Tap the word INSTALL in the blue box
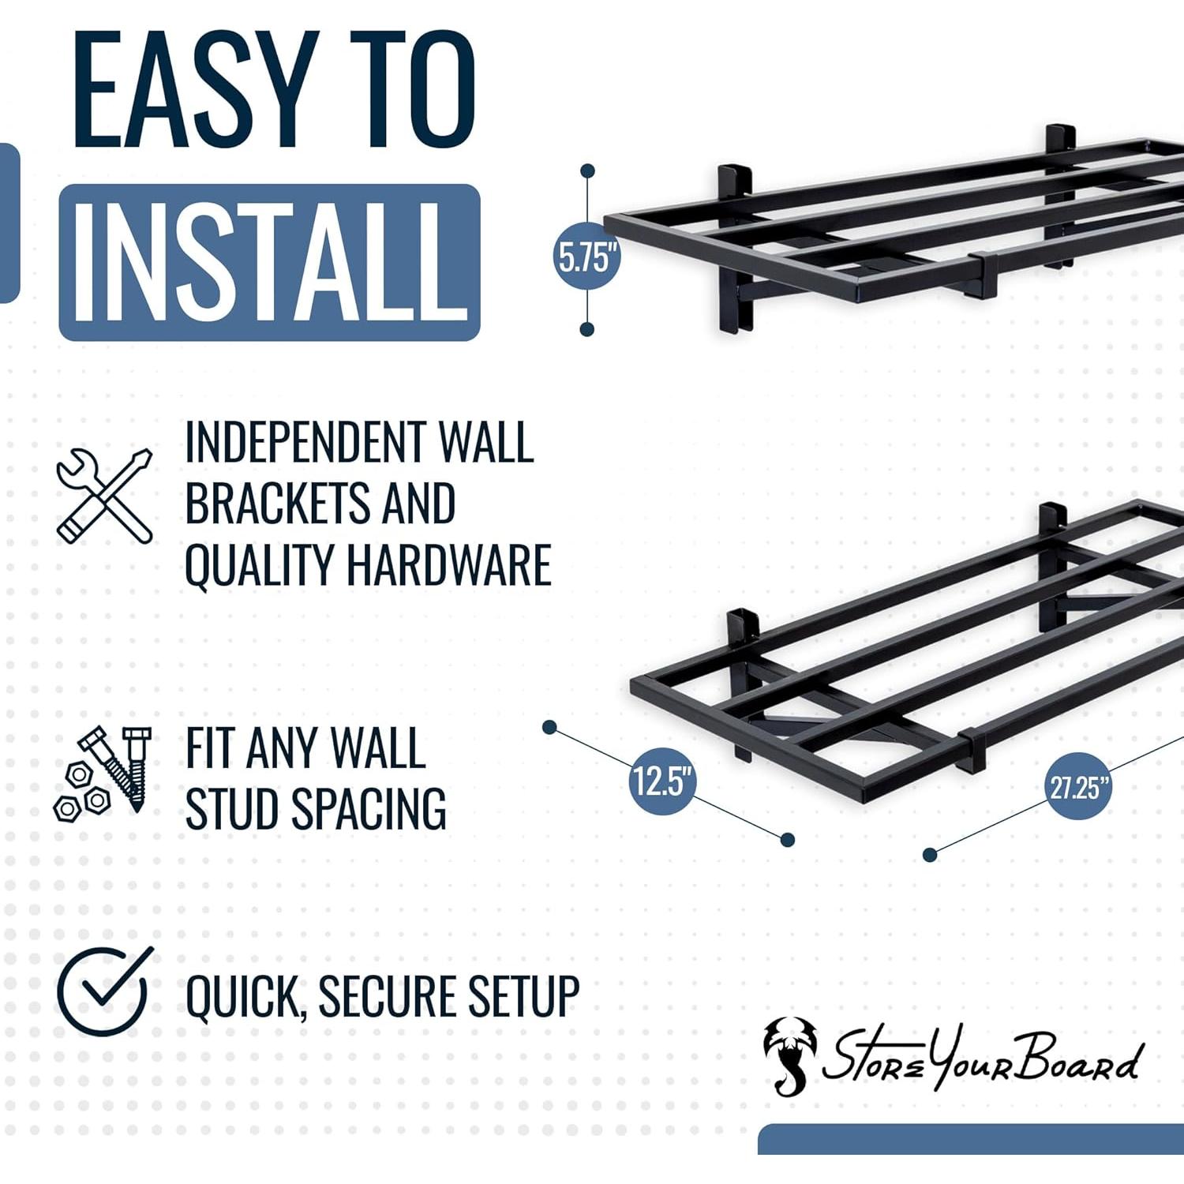click(x=269, y=262)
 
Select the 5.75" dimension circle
click(x=586, y=257)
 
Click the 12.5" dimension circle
click(x=662, y=781)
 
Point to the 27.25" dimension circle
click(x=1078, y=786)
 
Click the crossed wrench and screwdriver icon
click(x=104, y=495)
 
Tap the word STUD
click(x=231, y=808)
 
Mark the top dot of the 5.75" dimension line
click(x=587, y=170)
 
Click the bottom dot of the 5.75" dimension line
click(x=586, y=329)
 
